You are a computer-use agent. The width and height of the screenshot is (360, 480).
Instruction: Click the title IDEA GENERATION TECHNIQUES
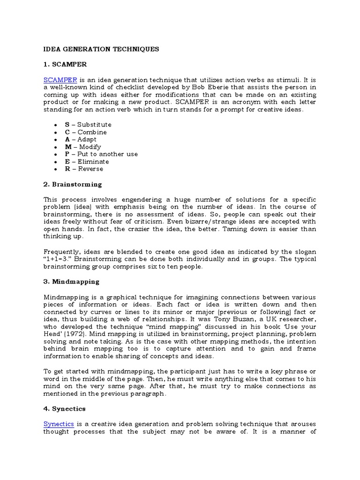pyautogui.click(x=101, y=49)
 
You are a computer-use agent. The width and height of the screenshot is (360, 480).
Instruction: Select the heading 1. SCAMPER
pyautogui.click(x=65, y=64)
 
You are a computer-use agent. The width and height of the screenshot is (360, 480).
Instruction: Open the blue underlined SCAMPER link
pyautogui.click(x=60, y=80)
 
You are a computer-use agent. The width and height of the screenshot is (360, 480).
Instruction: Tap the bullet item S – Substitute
pyautogui.click(x=88, y=125)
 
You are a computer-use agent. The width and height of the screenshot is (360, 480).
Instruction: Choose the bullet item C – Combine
pyautogui.click(x=86, y=132)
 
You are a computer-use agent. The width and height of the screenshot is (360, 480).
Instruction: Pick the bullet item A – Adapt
pyautogui.click(x=81, y=139)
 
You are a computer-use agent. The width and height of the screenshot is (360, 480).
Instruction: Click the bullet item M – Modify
pyautogui.click(x=83, y=147)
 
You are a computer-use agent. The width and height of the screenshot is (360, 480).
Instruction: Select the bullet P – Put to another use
pyautogui.click(x=101, y=154)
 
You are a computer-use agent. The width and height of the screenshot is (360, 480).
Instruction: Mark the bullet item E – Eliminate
pyautogui.click(x=87, y=162)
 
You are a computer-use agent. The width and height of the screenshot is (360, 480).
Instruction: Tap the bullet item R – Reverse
pyautogui.click(x=84, y=169)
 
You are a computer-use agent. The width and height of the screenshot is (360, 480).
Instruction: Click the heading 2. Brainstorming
pyautogui.click(x=73, y=184)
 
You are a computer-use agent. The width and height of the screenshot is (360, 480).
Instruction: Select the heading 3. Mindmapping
pyautogui.click(x=71, y=282)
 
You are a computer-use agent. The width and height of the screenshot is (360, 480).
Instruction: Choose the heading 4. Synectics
pyautogui.click(x=65, y=409)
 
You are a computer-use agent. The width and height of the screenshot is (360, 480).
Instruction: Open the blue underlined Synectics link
pyautogui.click(x=59, y=424)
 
